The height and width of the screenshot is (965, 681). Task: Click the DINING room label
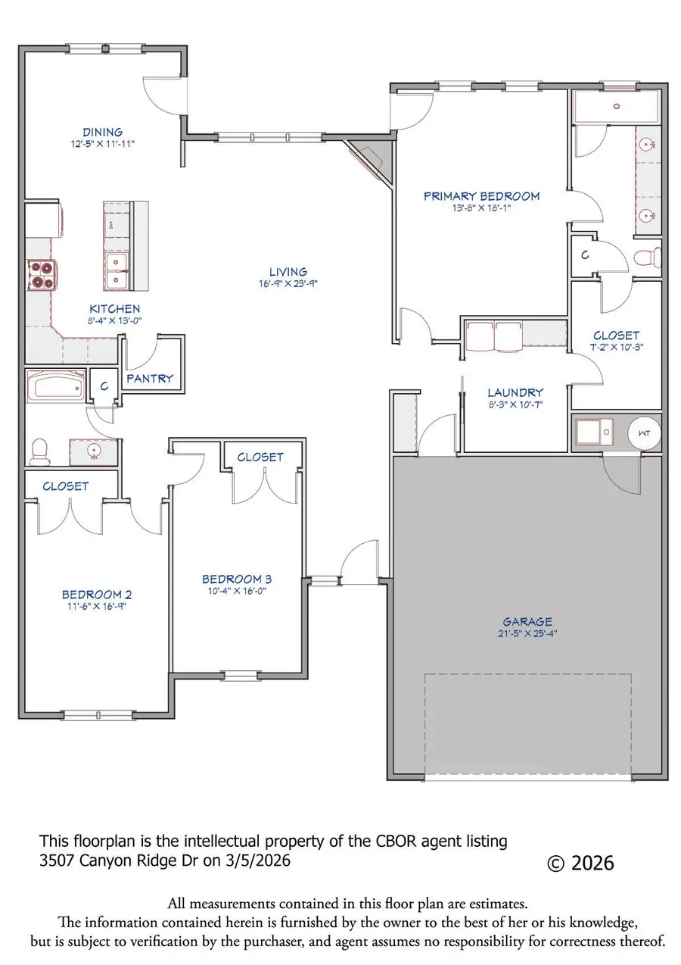pos(102,132)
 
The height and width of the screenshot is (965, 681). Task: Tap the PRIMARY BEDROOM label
pos(481,196)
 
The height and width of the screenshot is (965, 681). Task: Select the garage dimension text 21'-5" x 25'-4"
pos(527,633)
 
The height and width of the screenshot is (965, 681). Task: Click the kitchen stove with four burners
pos(42,274)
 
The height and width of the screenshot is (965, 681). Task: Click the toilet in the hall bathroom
pos(39,453)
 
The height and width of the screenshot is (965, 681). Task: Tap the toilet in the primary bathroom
pos(648,257)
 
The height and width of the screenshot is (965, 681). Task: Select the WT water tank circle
pos(644,433)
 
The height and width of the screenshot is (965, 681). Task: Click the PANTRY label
pos(150,378)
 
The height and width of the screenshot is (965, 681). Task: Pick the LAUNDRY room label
pos(515,392)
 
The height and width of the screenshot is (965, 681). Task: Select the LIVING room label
pos(288,272)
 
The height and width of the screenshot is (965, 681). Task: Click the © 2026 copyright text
pos(580,864)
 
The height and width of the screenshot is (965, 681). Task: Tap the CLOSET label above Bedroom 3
pos(260,457)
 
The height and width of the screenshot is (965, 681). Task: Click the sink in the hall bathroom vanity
pos(94,451)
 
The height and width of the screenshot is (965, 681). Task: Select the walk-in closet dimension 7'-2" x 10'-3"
pos(616,346)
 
